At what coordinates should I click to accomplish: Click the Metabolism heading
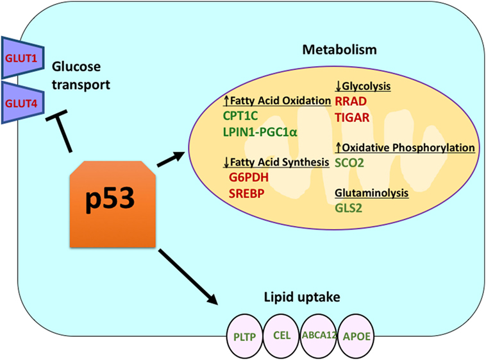pos(340,49)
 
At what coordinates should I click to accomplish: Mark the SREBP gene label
pos(247,191)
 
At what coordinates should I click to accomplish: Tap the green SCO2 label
pos(349,163)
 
